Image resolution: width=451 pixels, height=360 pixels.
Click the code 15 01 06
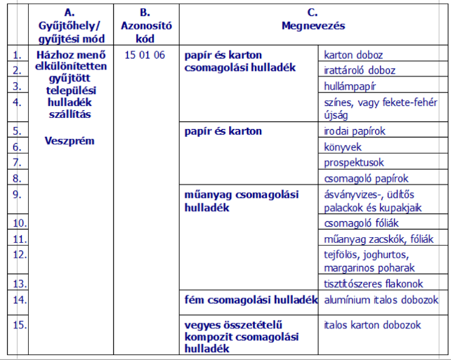click(144, 55)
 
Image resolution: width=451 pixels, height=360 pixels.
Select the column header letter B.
click(145, 13)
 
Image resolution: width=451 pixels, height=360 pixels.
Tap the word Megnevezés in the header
click(313, 26)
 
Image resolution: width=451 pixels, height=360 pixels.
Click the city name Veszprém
click(69, 140)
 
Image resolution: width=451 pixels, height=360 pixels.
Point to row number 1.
click(18, 55)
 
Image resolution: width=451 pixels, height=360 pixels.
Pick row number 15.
click(20, 325)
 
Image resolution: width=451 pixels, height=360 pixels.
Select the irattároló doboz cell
click(360, 70)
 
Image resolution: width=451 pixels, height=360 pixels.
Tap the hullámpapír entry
click(351, 86)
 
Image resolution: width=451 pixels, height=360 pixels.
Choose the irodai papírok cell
click(355, 131)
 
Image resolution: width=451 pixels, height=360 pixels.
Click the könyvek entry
click(344, 147)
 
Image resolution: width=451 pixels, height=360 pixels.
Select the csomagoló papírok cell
click(366, 178)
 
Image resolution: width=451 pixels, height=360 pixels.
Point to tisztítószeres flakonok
click(374, 284)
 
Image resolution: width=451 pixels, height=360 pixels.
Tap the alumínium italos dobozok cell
click(381, 300)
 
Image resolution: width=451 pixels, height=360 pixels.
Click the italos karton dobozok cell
click(372, 325)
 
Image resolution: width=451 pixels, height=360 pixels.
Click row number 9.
click(18, 194)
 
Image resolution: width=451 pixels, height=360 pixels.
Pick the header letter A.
click(69, 13)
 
